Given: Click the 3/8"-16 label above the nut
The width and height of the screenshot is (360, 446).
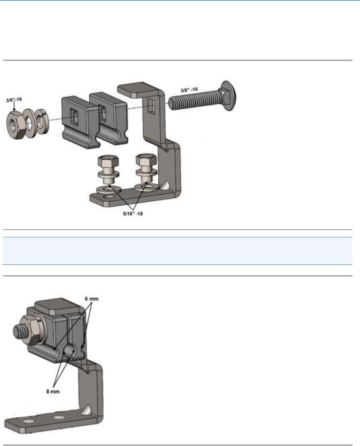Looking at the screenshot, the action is pos(14,100).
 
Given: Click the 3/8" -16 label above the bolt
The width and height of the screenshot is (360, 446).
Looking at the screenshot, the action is pos(189,90).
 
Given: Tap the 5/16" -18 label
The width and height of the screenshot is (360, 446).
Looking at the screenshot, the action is pos(133,214).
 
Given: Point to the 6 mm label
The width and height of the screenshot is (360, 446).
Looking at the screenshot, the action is pos(92,299).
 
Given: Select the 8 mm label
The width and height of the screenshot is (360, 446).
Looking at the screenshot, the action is pos(53,392).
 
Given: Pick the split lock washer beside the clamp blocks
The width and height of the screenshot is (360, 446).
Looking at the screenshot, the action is pos(42,121).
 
